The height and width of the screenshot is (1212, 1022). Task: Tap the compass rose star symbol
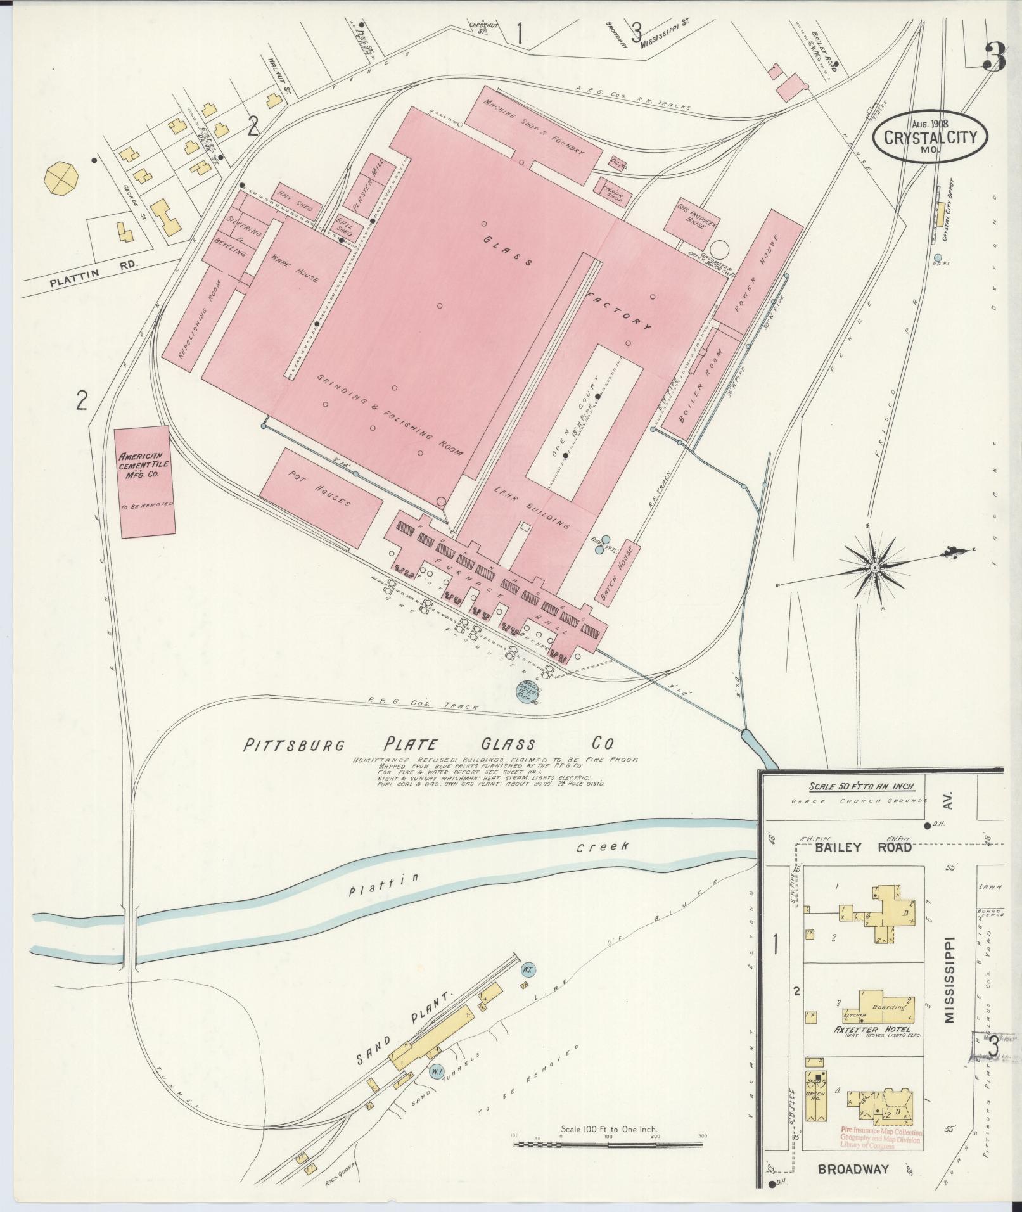875,566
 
